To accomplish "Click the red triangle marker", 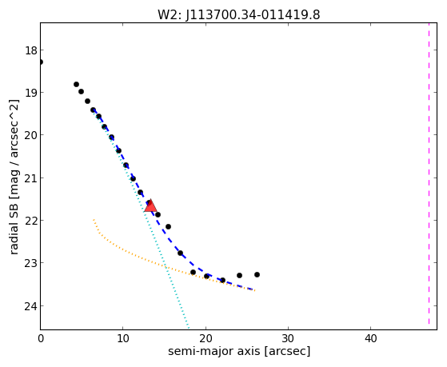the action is [150, 205].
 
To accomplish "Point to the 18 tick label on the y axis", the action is [31, 50].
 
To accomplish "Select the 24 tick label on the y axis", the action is [31, 306].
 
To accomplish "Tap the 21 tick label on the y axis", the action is [31, 178].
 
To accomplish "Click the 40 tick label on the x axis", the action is [370, 339].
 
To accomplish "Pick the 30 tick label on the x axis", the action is [288, 339].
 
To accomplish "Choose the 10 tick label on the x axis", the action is [123, 339].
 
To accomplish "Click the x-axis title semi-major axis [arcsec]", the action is [239, 351].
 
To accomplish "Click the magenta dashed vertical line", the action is [429, 174].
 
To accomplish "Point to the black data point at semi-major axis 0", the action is [41, 62].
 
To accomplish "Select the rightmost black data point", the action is [257, 274].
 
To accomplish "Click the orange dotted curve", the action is [160, 265].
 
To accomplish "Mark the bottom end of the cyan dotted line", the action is [189, 327].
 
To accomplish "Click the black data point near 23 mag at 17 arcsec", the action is [180, 253].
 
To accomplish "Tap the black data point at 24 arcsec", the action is [239, 276].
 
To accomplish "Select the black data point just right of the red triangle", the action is [158, 214].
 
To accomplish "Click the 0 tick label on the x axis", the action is [41, 339].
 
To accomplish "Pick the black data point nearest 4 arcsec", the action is [76, 85].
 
